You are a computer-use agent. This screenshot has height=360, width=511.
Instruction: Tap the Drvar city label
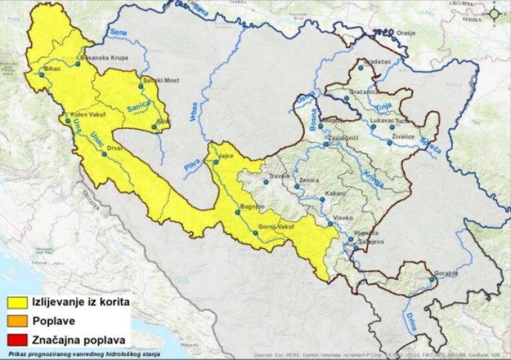click(x=114, y=149)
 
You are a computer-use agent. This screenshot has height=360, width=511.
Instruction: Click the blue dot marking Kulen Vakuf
click(x=68, y=120)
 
